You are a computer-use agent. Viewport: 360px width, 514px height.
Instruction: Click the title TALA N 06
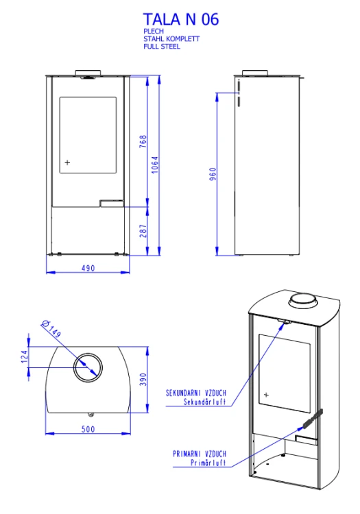tap(180, 19)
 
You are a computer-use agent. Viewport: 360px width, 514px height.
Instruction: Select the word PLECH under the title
tap(154, 31)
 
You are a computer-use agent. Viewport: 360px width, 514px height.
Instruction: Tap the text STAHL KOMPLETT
tap(171, 38)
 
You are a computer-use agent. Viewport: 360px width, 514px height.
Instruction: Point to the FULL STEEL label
tap(162, 46)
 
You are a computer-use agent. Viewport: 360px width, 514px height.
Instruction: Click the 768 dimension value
tap(143, 141)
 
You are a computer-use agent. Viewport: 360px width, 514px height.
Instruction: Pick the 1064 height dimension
tap(155, 164)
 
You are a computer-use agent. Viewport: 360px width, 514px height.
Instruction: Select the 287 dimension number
tap(143, 231)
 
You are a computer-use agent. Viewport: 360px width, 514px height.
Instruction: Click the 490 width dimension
tap(88, 268)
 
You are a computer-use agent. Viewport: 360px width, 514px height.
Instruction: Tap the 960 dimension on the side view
tap(213, 174)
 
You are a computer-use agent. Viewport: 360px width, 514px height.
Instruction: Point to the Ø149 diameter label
tap(51, 329)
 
